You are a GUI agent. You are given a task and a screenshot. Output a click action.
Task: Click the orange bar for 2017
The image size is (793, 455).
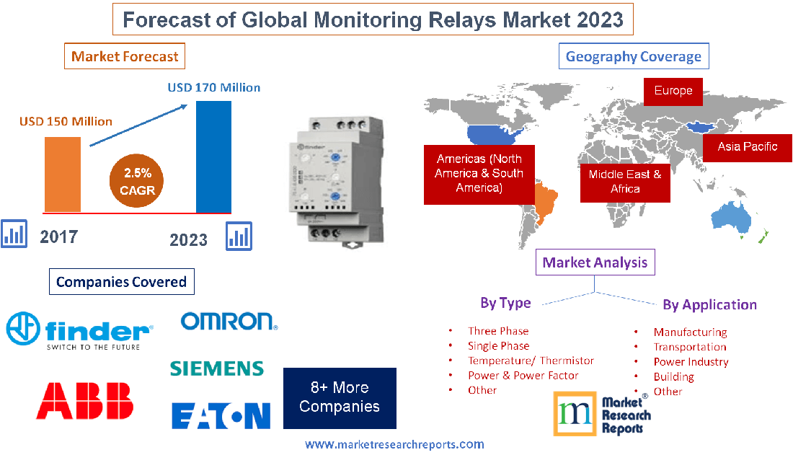(x=63, y=173)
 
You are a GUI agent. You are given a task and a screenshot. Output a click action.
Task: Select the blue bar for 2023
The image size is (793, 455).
(x=214, y=156)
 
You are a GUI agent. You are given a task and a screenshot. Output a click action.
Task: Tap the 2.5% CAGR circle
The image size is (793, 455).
(x=138, y=182)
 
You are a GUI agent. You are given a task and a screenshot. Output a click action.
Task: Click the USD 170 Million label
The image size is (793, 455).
(x=214, y=87)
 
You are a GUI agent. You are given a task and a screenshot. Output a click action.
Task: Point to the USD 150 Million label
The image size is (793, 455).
(x=66, y=121)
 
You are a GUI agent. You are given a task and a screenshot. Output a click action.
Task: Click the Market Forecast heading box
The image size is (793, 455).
(x=125, y=56)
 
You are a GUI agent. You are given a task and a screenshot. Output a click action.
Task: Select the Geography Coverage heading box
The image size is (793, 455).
(x=634, y=56)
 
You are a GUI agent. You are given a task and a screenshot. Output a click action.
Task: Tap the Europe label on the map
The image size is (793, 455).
(x=673, y=91)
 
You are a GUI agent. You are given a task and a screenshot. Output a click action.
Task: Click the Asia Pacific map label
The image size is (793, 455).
(x=747, y=146)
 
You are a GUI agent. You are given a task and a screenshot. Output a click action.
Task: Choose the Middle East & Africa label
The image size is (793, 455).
(x=625, y=181)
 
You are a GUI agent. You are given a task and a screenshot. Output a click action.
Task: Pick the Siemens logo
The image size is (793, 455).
(x=217, y=368)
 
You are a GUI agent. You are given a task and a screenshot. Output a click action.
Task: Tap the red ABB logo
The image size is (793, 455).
(x=85, y=401)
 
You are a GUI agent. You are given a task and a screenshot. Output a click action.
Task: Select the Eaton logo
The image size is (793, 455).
(x=221, y=415)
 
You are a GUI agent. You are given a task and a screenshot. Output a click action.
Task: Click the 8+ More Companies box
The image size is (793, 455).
(x=340, y=397)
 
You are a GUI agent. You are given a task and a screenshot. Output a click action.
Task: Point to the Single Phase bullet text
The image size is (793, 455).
(x=498, y=346)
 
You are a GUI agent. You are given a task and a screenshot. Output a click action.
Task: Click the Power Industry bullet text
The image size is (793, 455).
(x=691, y=362)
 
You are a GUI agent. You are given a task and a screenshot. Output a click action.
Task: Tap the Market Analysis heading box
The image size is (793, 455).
(x=595, y=262)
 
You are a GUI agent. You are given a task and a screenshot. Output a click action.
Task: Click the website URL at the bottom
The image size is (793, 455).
(x=394, y=444)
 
